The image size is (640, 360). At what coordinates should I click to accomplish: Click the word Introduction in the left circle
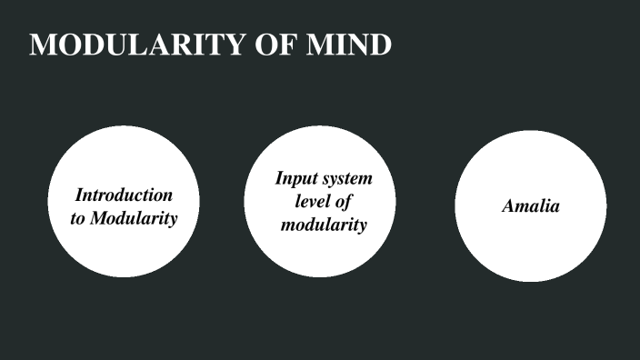tap(124, 195)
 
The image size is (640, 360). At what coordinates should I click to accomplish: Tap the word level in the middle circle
tap(314, 201)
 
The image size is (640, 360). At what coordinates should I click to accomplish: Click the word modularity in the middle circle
tap(323, 224)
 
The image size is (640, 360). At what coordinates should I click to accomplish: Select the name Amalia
tap(530, 205)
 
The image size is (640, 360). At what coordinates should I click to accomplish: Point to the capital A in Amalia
tap(508, 205)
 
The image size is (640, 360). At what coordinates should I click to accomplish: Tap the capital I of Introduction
tap(79, 195)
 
